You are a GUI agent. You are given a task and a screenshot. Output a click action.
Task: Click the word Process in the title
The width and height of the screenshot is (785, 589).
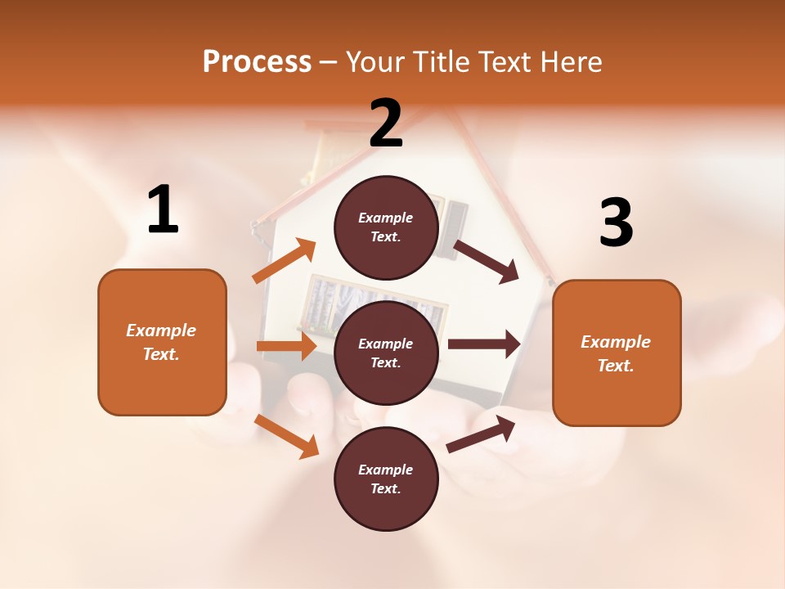click(x=257, y=61)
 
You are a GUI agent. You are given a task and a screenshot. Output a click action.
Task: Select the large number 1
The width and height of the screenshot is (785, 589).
click(x=163, y=210)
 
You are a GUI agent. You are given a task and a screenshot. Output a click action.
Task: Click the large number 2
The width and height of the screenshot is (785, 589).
click(x=386, y=124)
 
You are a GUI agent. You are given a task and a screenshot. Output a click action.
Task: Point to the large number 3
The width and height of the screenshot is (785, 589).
click(x=616, y=223)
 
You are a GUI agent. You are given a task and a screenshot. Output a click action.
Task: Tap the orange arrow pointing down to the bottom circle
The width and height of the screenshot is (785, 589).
click(x=286, y=436)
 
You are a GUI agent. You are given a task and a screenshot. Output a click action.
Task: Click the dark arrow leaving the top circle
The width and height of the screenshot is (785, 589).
click(x=486, y=261)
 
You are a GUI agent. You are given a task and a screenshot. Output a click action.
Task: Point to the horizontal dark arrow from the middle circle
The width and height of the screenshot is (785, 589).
click(x=483, y=344)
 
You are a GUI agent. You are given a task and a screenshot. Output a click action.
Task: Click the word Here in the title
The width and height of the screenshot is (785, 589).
click(x=572, y=61)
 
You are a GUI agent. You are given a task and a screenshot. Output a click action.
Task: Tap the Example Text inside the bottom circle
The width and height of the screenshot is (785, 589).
click(x=386, y=479)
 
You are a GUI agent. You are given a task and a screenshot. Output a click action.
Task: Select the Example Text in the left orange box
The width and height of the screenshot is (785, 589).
click(x=161, y=342)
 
